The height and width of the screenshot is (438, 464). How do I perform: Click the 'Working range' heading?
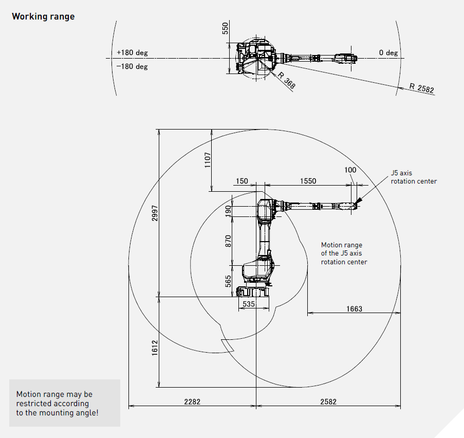coord(43,16)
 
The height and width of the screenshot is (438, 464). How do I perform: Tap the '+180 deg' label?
coord(132,53)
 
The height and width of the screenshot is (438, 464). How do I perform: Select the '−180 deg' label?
coord(132,67)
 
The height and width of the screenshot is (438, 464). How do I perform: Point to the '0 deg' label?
coord(388,53)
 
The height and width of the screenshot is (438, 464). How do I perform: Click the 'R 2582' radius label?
coord(421,88)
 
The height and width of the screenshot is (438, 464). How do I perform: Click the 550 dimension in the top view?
coord(225,29)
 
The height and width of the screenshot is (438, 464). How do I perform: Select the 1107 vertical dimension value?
coord(207,160)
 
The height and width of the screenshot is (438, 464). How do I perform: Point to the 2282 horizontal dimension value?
coord(192,401)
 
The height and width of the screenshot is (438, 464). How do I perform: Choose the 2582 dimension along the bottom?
coord(328,401)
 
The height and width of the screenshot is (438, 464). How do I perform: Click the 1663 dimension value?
coord(354,309)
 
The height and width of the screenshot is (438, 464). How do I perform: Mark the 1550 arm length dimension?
coord(308,181)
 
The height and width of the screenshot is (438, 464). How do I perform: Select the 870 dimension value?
coord(228,241)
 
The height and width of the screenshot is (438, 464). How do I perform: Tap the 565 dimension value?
coord(228,281)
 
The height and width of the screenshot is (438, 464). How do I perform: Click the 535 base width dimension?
coord(249,304)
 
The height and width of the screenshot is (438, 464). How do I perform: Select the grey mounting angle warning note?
coord(65,403)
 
